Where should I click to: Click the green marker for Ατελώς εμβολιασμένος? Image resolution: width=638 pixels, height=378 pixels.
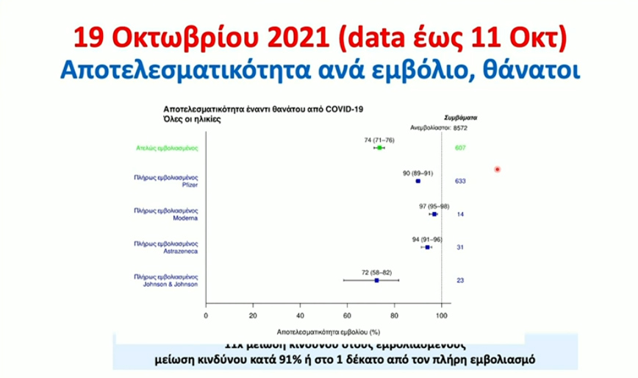click(x=379, y=148)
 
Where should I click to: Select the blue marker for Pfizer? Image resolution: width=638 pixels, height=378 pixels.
click(x=417, y=181)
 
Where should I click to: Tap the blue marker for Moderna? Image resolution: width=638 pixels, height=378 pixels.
click(x=434, y=214)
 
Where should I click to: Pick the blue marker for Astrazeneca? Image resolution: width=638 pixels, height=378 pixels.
click(x=427, y=247)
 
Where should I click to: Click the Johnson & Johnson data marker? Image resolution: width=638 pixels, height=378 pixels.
click(x=376, y=280)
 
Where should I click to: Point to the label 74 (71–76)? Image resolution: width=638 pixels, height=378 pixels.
click(x=379, y=139)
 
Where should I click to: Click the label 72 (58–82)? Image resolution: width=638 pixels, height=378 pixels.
click(x=376, y=272)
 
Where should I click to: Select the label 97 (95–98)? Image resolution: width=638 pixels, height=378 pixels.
click(x=434, y=206)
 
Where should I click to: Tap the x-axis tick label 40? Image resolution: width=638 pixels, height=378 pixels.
click(x=300, y=315)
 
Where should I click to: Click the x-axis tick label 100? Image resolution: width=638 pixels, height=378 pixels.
click(x=441, y=315)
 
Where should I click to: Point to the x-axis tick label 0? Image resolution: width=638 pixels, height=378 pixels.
click(x=206, y=315)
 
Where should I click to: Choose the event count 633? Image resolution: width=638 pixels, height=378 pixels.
click(x=461, y=181)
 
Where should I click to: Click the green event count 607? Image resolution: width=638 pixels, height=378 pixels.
click(x=461, y=148)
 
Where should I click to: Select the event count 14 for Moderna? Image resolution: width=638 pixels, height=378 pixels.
click(x=459, y=214)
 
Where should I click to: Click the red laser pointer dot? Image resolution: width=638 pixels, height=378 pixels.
click(x=498, y=170)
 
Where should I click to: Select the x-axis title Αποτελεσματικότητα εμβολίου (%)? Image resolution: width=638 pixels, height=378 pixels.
click(x=323, y=332)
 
